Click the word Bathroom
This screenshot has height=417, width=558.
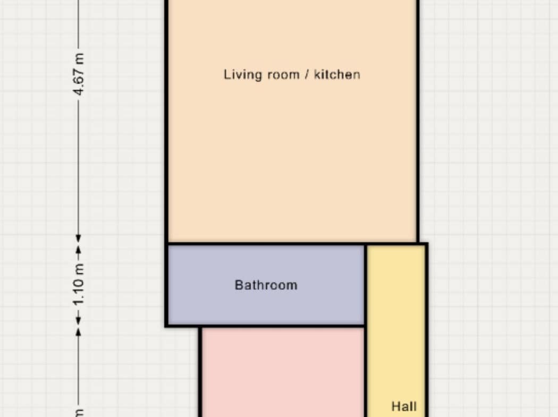266,285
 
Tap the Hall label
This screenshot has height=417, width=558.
404,406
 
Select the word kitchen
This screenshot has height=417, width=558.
337,74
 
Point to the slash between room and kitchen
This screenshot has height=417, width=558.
307,75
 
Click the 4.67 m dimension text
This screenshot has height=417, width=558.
79,74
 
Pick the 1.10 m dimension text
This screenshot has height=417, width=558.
79,285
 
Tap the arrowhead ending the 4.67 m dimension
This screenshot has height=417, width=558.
79,239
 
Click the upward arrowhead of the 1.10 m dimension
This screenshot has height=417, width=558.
79,250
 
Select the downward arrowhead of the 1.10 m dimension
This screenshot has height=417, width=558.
79,320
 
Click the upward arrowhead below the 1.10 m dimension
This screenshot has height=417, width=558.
79,332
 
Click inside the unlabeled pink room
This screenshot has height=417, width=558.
283,372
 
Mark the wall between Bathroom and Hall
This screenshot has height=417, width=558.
366,285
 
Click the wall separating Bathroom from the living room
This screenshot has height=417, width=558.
266,244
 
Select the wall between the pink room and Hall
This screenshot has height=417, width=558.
366,372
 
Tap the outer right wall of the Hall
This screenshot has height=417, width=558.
426,330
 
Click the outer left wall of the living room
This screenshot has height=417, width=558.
166,121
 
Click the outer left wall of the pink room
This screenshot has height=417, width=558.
200,372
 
